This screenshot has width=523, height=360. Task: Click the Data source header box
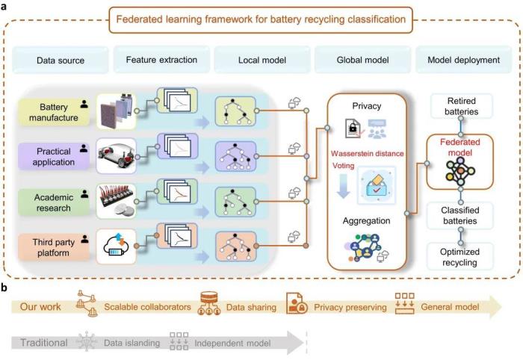coord(61,60)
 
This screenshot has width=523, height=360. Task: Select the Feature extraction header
coord(161,60)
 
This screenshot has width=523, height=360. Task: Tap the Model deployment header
coord(464,60)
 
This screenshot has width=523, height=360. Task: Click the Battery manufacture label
coord(54,112)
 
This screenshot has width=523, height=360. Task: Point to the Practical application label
coord(54,157)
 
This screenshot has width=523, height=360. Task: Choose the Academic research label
coord(54,202)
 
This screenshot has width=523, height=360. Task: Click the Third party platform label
coord(54,247)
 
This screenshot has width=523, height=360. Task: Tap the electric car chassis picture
coord(116,156)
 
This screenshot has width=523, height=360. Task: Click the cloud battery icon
coord(116,246)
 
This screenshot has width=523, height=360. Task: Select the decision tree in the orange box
coord(235,246)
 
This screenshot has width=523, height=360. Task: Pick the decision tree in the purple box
coord(235,156)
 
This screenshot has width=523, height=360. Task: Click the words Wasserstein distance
coord(368,153)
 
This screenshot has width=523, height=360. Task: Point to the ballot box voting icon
coord(377,185)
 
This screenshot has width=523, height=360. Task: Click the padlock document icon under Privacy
coord(353,128)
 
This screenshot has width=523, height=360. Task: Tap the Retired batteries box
coord(461,106)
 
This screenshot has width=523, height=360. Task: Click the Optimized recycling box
coord(460,257)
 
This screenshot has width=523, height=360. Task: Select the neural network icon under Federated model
coord(460,171)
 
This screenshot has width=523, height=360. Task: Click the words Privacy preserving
coord(350,307)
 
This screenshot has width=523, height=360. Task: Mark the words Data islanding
coord(131,343)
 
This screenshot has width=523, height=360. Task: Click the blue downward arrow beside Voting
coord(343,185)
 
